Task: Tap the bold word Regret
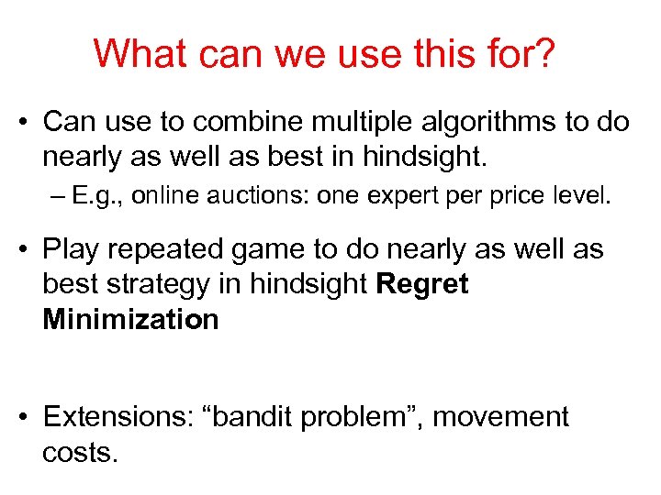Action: (422, 285)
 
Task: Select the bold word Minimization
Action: (130, 320)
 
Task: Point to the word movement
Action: (501, 417)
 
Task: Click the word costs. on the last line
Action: (80, 452)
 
